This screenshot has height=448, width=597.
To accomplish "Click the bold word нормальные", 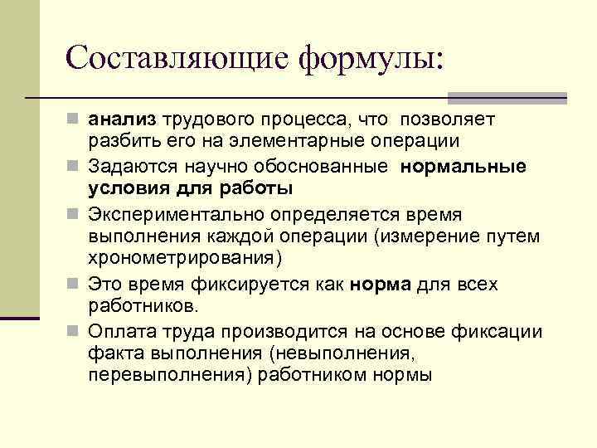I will pos(463,166).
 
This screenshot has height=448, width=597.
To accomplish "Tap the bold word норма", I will pos(380,285).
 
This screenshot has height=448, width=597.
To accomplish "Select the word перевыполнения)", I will pos(164,375).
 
